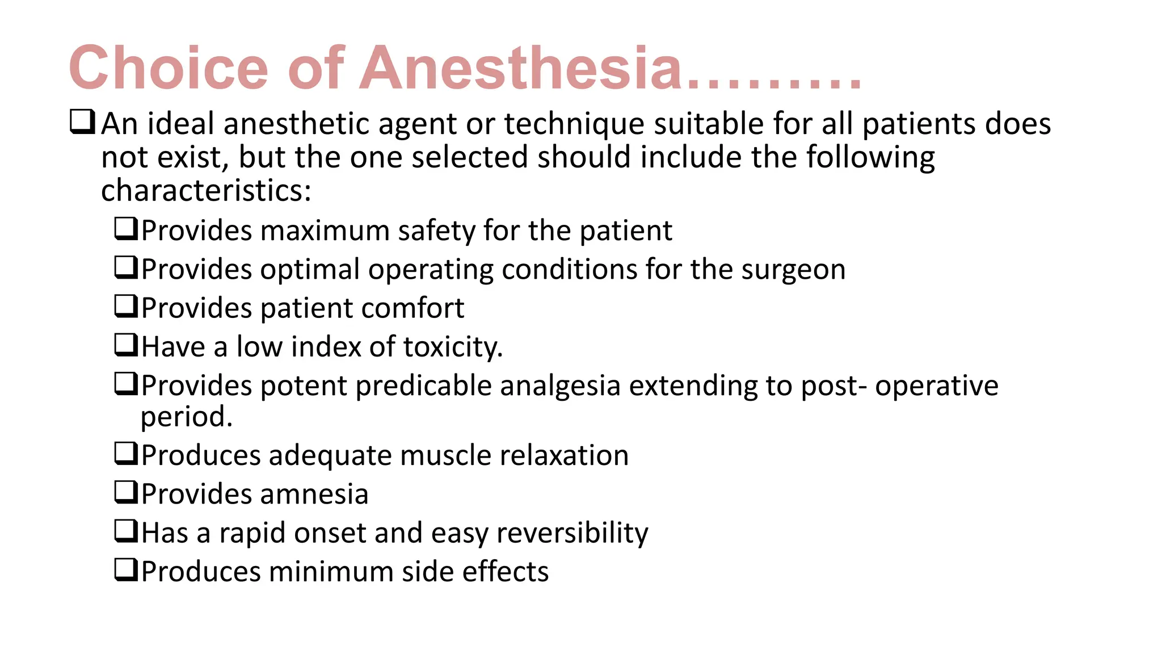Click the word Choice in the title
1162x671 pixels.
coord(168,68)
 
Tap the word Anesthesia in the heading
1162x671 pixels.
coord(521,68)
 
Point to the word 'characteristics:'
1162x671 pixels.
coord(207,191)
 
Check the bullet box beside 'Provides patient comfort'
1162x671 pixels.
coord(126,306)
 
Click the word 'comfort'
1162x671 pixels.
coord(412,308)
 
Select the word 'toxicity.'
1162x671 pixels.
coord(453,347)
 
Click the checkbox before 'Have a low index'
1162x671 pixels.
coord(126,345)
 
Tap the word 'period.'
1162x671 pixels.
coord(187,417)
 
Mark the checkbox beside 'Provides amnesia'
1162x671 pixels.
coord(126,492)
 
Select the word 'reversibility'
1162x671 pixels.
coord(572,534)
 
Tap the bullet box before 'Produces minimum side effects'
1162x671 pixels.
coord(126,569)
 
